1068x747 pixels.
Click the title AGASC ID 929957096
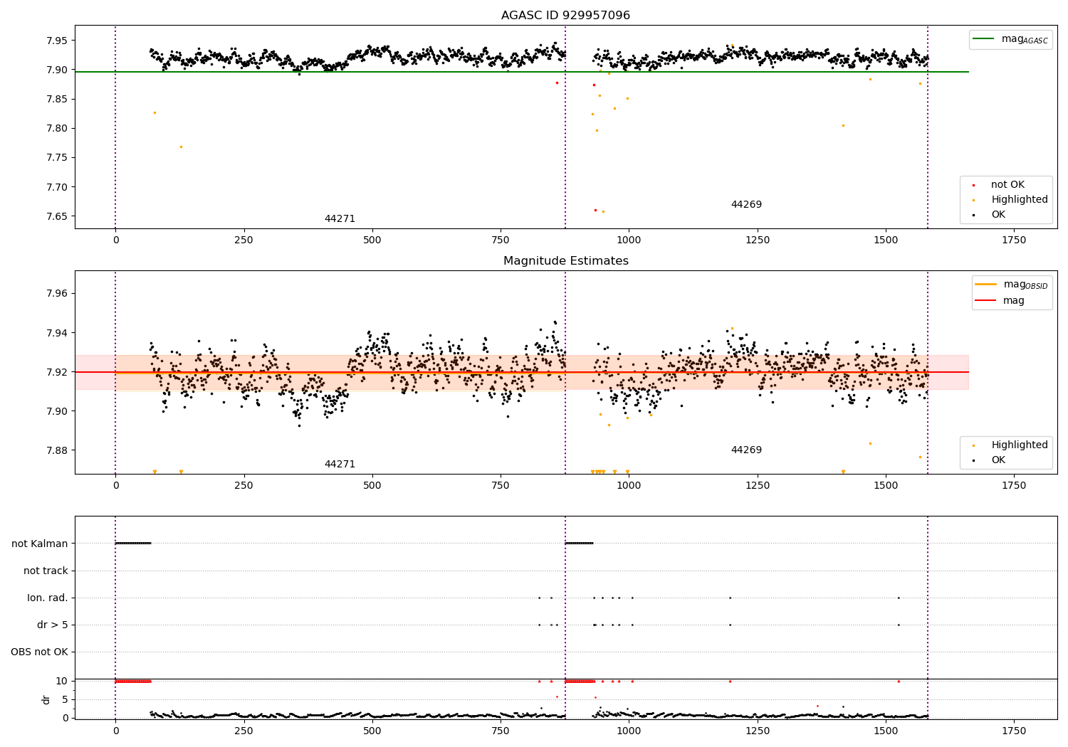coord(565,16)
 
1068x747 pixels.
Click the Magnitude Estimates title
coord(565,261)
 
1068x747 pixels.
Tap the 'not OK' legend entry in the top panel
coord(1007,185)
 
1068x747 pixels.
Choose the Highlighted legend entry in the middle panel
coord(1019,445)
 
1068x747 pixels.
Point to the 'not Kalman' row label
coord(40,544)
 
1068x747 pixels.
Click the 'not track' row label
coord(46,571)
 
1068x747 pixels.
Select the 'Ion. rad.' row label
coord(48,598)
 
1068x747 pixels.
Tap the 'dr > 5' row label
coord(53,625)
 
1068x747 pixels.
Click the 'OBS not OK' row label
coord(39,652)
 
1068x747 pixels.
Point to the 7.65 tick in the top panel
coord(57,216)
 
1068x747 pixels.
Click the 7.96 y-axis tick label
coord(57,293)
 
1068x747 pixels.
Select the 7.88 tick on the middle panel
coord(57,450)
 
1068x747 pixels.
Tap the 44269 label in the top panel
coord(746,205)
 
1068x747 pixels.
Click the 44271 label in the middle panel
coord(340,465)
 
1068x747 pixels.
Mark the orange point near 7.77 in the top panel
coord(181,147)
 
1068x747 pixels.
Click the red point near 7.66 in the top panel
coord(595,210)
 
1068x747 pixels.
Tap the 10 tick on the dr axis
coord(61,681)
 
